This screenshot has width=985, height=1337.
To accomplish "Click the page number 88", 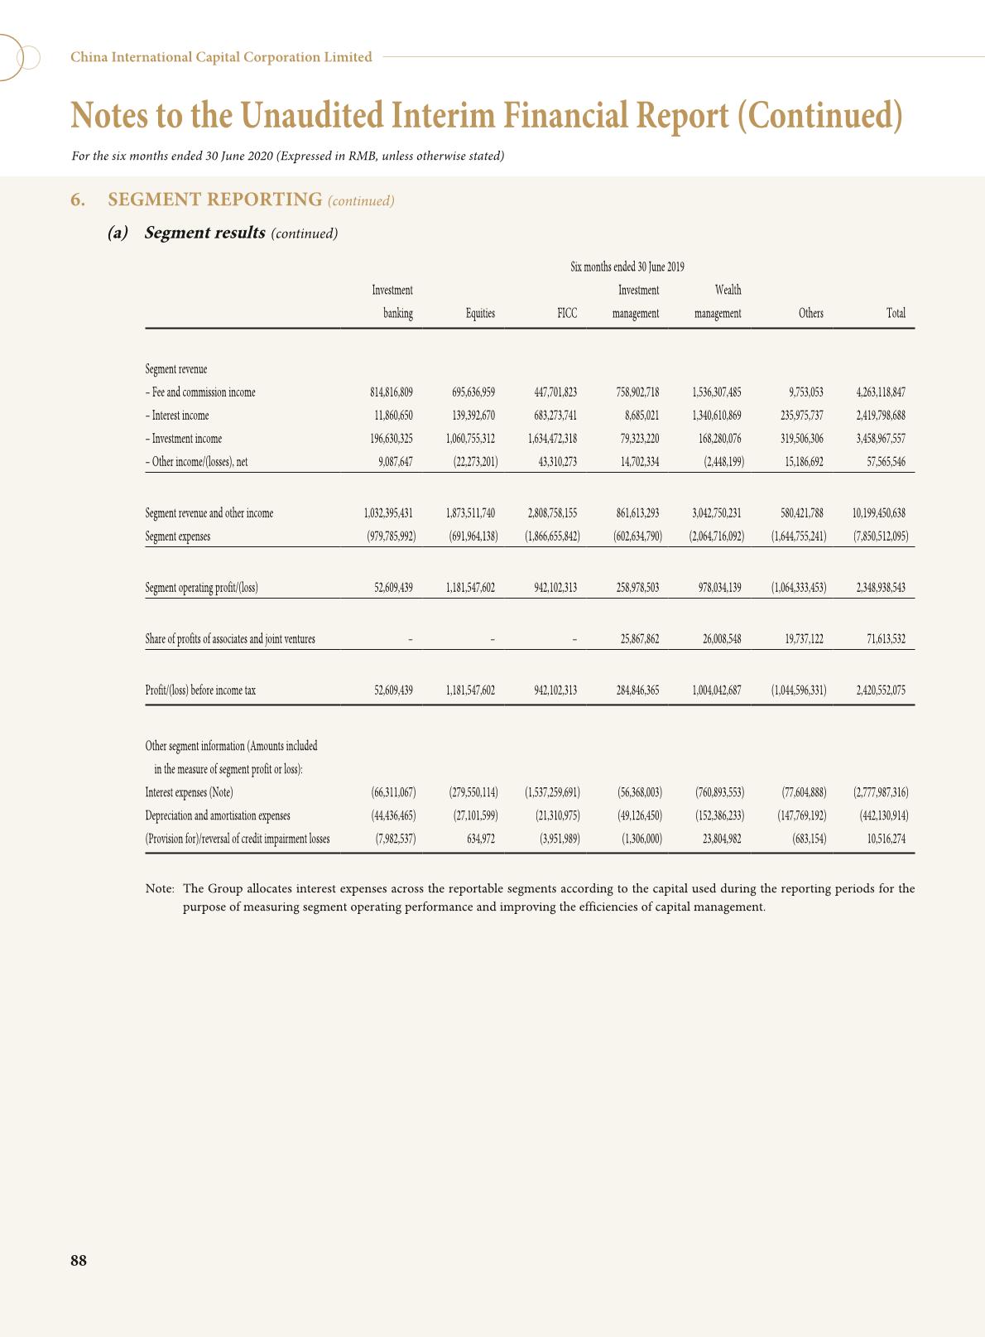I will (x=79, y=1261).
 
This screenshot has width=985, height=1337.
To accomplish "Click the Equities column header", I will (x=480, y=314).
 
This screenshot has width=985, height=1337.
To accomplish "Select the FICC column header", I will (x=567, y=314).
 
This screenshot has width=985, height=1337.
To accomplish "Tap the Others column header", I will (x=810, y=314).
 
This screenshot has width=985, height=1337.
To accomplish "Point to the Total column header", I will (x=896, y=314).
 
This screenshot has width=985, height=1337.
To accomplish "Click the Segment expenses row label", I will (x=178, y=536).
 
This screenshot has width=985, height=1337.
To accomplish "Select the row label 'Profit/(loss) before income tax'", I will (x=200, y=690).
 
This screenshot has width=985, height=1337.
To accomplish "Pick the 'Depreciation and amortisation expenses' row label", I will (x=218, y=816).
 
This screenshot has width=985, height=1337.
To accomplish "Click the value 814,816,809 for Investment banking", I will (x=391, y=393).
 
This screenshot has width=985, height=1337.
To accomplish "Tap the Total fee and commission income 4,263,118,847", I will (x=880, y=393).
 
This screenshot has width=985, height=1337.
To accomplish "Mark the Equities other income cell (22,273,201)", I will (x=475, y=463).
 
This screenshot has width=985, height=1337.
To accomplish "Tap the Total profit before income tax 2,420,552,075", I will (x=880, y=690).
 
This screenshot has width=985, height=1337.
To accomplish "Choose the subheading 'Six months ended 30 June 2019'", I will (x=627, y=267).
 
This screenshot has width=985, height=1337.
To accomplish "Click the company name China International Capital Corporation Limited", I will (x=221, y=57).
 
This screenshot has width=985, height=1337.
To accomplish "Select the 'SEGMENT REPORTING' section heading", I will (x=214, y=200).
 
